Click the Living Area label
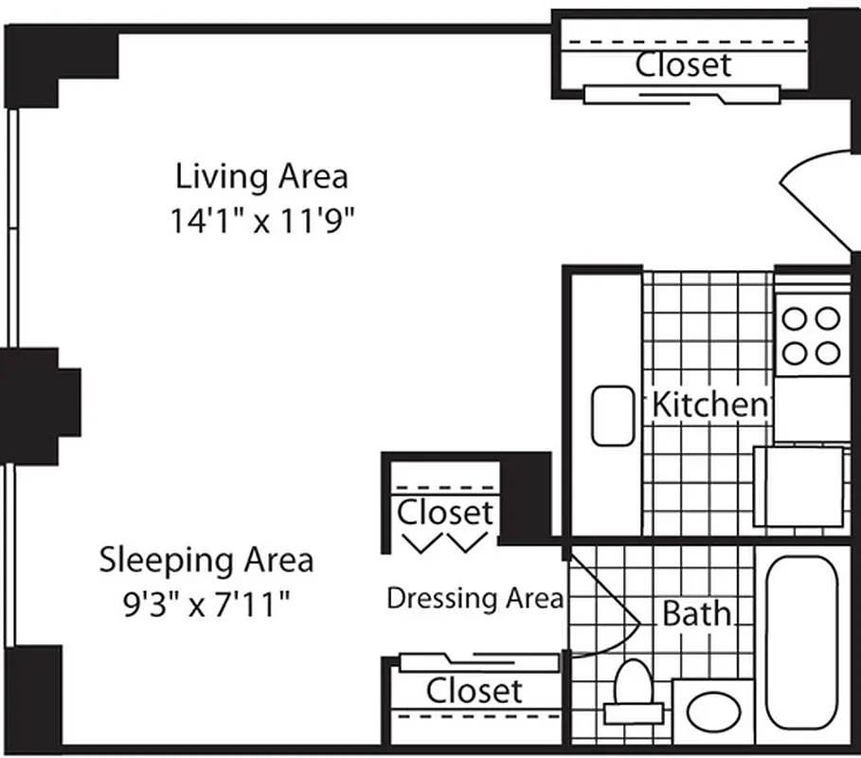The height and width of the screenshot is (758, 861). pyautogui.click(x=261, y=176)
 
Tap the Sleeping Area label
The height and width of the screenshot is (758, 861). pyautogui.click(x=206, y=559)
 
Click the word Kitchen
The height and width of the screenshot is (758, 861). pyautogui.click(x=709, y=405)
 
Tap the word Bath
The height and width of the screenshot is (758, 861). pyautogui.click(x=697, y=614)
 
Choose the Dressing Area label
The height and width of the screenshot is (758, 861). pyautogui.click(x=475, y=599)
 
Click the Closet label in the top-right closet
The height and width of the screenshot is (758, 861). pyautogui.click(x=683, y=64)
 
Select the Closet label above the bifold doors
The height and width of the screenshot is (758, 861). pyautogui.click(x=445, y=513)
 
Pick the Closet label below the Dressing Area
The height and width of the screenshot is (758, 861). pyautogui.click(x=474, y=691)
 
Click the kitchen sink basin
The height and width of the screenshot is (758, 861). pyautogui.click(x=613, y=416)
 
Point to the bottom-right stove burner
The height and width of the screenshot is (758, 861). pyautogui.click(x=829, y=353)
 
